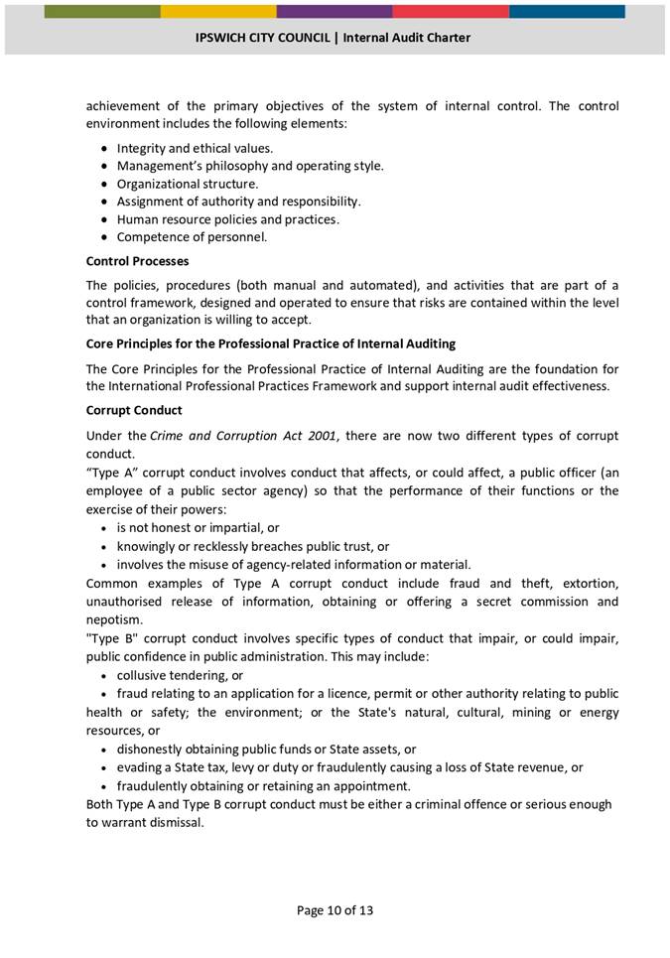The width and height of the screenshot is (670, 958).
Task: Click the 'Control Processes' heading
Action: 137,261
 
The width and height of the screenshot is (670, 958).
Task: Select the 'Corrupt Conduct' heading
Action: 134,410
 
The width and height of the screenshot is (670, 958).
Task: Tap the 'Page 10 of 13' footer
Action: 335,909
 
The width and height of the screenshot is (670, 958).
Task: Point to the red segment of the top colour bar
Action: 451,12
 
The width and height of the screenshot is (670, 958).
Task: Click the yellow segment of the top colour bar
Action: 218,12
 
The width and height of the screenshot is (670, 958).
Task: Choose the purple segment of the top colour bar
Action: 335,12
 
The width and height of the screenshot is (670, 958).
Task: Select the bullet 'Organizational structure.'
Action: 188,184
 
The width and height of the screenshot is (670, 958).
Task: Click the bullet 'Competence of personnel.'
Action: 192,237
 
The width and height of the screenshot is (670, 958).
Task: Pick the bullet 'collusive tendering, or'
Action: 180,675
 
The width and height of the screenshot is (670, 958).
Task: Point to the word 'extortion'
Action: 588,583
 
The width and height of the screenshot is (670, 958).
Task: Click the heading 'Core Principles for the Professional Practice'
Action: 271,343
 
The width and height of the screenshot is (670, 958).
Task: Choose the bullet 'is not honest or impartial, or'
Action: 198,528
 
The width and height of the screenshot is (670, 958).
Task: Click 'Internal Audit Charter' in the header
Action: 407,38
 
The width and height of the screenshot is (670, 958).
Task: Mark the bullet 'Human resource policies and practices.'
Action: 228,219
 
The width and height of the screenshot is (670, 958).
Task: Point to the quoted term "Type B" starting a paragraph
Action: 111,638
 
